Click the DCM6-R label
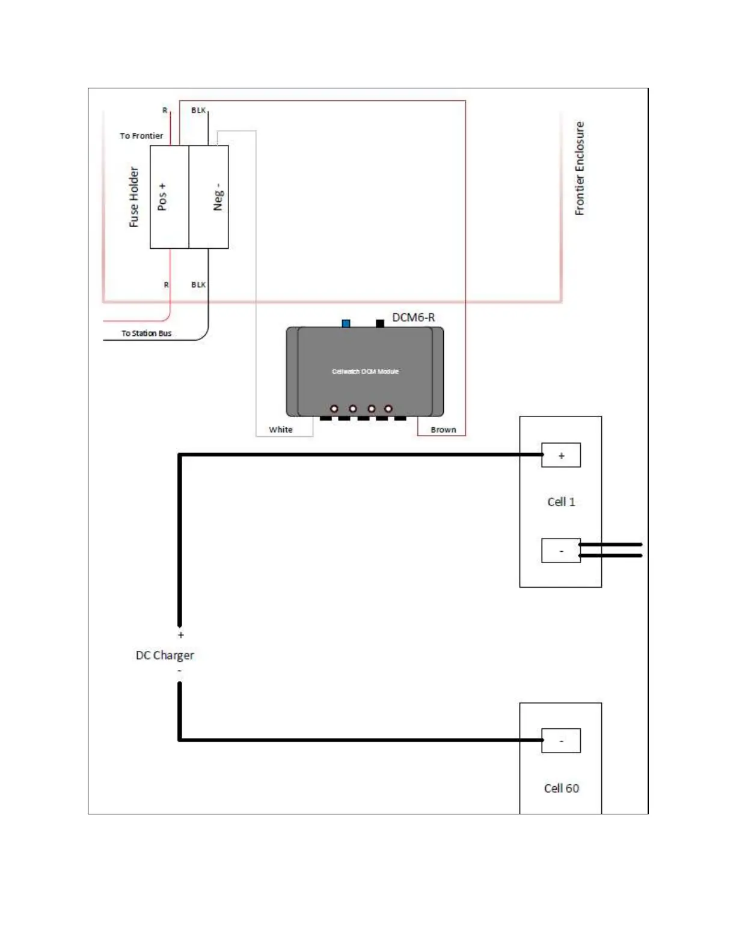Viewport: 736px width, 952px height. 413,317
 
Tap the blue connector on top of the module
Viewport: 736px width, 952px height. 346,323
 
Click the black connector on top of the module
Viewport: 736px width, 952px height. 379,323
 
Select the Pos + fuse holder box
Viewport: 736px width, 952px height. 169,197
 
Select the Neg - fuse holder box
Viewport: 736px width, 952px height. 209,197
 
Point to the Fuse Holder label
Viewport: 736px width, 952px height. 133,197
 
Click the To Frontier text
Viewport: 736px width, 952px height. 141,136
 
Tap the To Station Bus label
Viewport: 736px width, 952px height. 146,333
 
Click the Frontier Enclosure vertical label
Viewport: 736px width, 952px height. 579,168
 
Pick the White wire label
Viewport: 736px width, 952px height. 281,430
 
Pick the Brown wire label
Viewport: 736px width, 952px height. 443,430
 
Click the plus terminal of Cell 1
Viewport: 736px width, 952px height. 561,456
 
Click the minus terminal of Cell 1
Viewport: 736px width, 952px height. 561,551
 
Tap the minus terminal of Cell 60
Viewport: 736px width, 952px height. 561,740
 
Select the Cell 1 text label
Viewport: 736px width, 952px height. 561,502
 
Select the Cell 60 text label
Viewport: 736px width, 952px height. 561,788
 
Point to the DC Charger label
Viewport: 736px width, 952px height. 165,655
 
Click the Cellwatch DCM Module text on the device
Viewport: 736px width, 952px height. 365,371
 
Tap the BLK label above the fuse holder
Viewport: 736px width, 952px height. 198,111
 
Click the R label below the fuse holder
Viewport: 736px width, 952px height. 167,285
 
